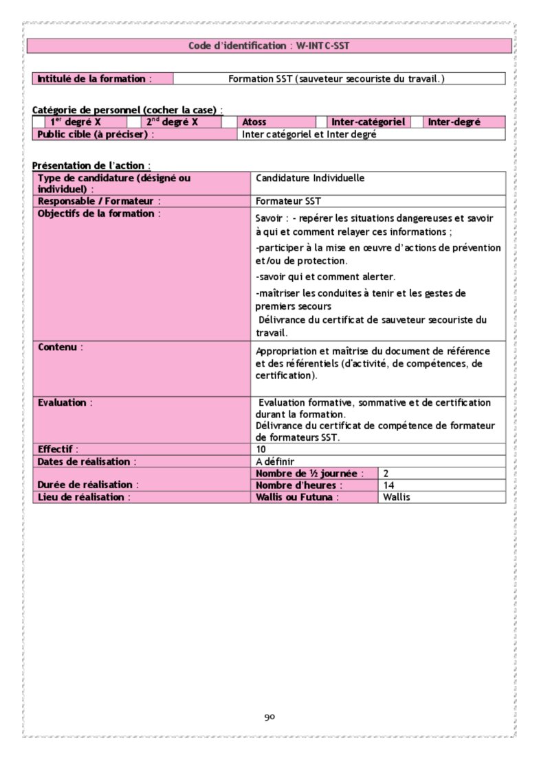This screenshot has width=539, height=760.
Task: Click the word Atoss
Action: [x=254, y=122]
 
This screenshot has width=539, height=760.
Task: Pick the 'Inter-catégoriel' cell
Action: [x=368, y=122]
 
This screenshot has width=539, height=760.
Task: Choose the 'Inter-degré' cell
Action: [x=454, y=122]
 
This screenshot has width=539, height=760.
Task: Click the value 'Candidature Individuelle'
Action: [x=310, y=178]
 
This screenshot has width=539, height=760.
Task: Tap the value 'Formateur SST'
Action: [x=288, y=201]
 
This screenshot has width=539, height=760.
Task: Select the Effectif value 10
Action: [x=261, y=449]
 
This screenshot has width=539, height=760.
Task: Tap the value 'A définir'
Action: [x=274, y=461]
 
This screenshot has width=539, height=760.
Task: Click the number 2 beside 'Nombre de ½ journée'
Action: [x=386, y=474]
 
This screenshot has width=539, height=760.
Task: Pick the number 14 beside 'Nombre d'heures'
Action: [x=388, y=485]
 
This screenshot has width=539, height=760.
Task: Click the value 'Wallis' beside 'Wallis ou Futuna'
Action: [x=397, y=497]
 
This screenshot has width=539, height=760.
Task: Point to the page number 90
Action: [x=269, y=717]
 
